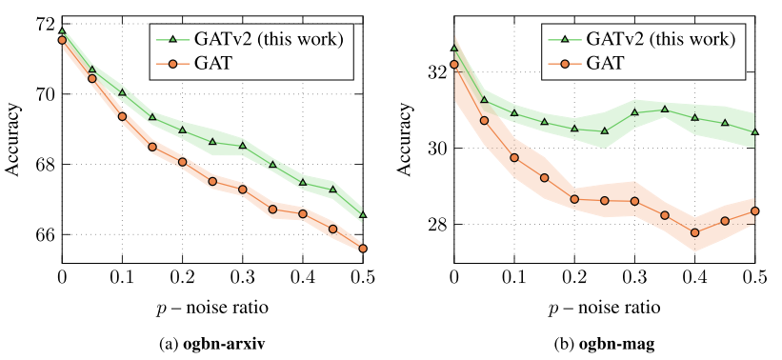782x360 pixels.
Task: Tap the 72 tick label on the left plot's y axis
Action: pos(45,24)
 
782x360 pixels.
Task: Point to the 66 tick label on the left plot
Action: pos(45,234)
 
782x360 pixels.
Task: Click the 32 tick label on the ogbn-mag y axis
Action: pos(436,72)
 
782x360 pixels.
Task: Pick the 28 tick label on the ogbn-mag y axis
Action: pos(436,225)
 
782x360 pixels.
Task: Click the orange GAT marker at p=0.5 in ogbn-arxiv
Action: pos(363,249)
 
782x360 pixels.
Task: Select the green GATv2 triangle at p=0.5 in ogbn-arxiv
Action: pos(363,214)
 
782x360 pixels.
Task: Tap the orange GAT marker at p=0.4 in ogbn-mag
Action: pos(695,232)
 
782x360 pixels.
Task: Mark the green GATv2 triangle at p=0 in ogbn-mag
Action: pos(454,48)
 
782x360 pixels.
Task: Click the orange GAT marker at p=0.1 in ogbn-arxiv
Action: pos(122,116)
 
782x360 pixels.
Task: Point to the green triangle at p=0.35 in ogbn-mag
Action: pos(665,110)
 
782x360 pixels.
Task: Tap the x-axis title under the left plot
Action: pos(212,309)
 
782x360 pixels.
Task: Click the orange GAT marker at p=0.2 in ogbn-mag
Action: pos(574,199)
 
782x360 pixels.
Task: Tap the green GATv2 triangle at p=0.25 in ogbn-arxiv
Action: pos(212,142)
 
